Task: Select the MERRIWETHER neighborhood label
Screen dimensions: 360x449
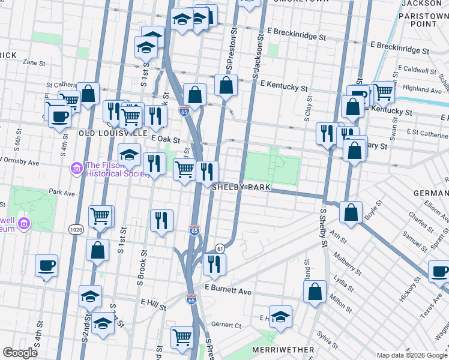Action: click(284, 349)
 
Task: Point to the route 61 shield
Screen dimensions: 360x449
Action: click(220, 248)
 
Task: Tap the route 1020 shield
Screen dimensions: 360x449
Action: click(76, 229)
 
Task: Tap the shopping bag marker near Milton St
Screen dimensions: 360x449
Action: click(315, 292)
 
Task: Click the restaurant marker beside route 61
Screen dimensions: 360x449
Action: click(213, 263)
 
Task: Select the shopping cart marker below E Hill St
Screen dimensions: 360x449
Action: click(182, 337)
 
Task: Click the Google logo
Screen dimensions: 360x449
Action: click(20, 353)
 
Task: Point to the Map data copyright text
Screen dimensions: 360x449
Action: click(411, 355)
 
